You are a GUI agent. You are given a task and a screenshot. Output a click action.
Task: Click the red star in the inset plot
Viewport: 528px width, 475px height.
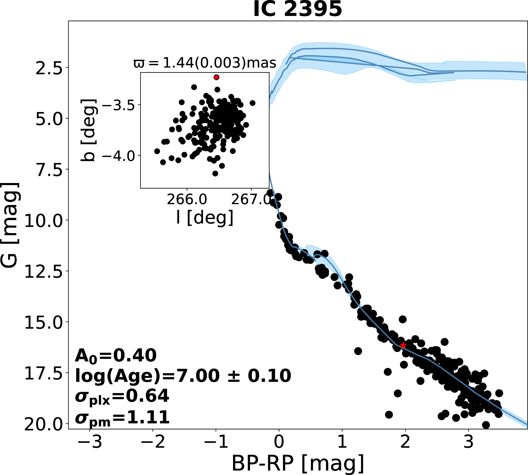(216, 77)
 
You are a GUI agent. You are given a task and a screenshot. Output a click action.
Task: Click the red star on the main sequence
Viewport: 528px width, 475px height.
(403, 345)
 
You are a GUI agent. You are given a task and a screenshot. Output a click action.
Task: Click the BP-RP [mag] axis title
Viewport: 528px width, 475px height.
(298, 464)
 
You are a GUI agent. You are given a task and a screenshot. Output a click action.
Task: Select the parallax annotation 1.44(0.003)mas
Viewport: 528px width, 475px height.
(205, 63)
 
